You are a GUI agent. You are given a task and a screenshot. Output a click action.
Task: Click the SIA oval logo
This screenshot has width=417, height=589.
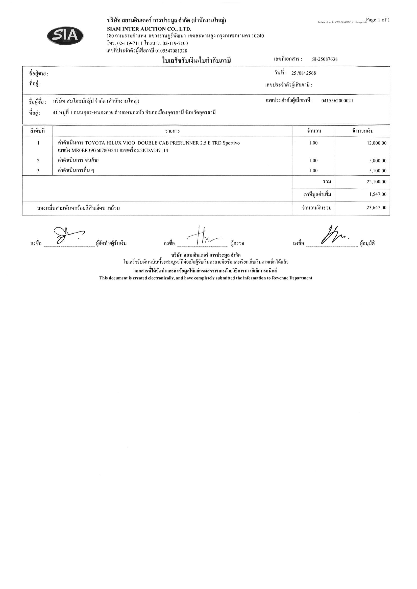tap(65, 36)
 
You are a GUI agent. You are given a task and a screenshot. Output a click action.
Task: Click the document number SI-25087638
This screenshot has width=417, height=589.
tap(325, 59)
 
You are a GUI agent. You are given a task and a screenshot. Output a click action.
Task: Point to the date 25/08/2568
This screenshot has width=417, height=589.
tap(303, 73)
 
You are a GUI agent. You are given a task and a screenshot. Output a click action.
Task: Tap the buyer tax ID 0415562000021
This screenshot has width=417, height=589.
tap(337, 101)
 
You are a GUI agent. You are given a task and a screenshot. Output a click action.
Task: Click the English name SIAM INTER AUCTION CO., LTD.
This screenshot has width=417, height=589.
tap(149, 29)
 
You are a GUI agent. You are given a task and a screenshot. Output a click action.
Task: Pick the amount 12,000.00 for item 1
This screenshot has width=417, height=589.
tap(376, 143)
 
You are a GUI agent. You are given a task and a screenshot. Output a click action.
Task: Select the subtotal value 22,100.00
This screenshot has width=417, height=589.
tap(376, 182)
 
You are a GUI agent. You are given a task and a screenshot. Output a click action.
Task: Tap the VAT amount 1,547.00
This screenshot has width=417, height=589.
tap(378, 194)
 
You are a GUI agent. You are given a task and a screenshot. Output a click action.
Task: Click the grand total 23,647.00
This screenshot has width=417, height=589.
tap(376, 208)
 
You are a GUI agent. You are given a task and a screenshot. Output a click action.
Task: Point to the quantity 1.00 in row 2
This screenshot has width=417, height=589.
tap(313, 161)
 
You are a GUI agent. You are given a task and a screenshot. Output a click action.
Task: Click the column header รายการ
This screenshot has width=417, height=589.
tap(173, 131)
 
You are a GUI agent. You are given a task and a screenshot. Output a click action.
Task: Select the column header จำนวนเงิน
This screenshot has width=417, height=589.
tap(362, 131)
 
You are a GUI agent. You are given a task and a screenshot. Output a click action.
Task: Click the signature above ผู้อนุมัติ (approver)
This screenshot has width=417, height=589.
tap(334, 235)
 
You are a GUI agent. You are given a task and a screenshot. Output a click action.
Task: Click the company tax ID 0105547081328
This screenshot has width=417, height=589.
tap(171, 51)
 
